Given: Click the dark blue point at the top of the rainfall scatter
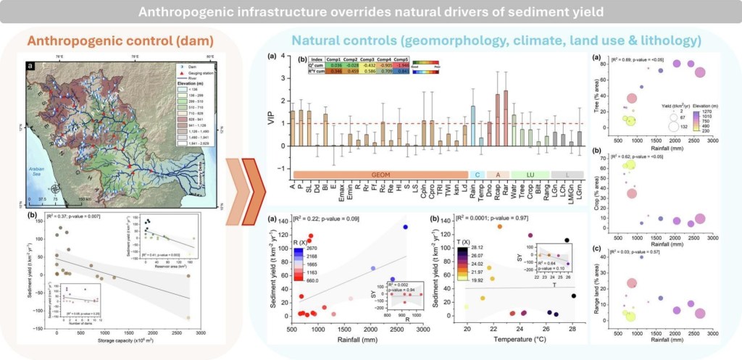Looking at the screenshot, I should pyautogui.click(x=405, y=227).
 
